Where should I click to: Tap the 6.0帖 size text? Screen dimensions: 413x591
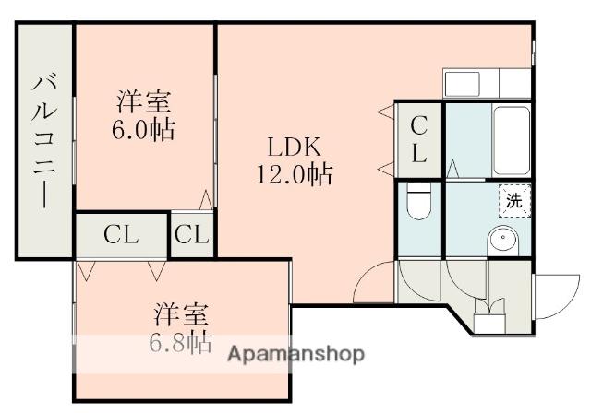tap(143, 128)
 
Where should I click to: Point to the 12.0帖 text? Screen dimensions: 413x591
tap(295, 173)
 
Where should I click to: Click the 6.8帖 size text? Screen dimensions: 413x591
tap(181, 341)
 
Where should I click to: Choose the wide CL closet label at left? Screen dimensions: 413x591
tap(121, 234)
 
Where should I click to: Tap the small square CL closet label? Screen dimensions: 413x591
tap(192, 234)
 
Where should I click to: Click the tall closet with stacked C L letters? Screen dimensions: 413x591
tap(418, 138)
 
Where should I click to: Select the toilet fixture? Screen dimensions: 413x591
tap(418, 202)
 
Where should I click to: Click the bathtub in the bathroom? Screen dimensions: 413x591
tap(510, 138)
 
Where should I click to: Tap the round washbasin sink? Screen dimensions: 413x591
tap(504, 240)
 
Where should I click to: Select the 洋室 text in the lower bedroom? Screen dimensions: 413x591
tap(181, 313)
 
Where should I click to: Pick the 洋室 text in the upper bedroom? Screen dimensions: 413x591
tap(143, 100)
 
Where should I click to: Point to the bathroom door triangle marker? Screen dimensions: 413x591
tap(453, 170)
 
